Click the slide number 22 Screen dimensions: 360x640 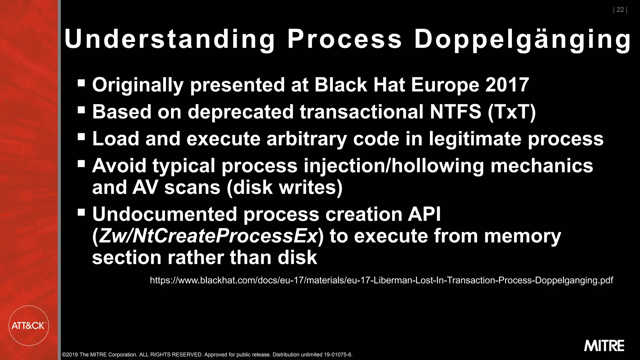(x=620, y=10)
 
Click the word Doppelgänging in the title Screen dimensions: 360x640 (x=522, y=39)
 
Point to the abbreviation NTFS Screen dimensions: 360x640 (x=455, y=112)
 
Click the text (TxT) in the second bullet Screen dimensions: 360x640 (x=512, y=112)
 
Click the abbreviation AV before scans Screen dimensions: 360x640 (x=145, y=187)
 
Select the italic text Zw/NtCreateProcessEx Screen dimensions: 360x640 (x=208, y=236)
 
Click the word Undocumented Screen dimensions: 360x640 (x=164, y=214)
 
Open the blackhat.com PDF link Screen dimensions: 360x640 (x=381, y=280)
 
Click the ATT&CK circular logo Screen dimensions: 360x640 (x=29, y=326)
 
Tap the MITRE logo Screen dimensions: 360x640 (x=604, y=346)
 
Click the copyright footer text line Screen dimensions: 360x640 (x=207, y=355)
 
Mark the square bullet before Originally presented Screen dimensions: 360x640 (x=81, y=83)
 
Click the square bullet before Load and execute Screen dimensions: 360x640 (x=81, y=137)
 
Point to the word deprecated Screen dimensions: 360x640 (x=241, y=112)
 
